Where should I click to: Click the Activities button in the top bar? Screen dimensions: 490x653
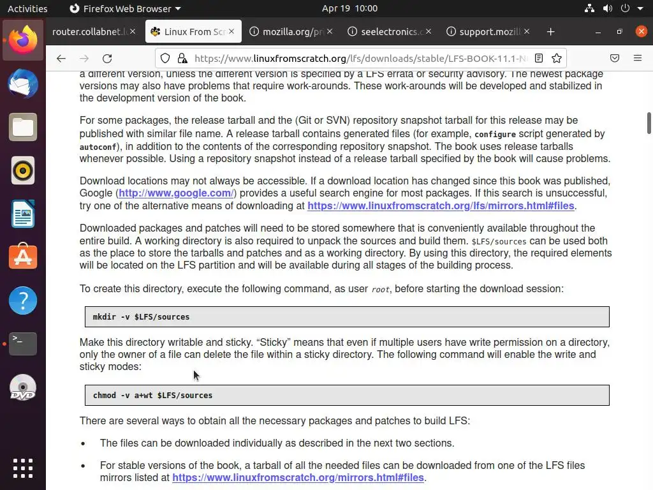(27, 8)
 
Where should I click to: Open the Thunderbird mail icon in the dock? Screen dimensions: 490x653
(23, 84)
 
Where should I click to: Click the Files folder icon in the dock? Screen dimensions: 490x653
(23, 128)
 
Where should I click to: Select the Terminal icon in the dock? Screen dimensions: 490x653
(23, 344)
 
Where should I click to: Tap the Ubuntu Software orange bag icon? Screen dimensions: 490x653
(23, 257)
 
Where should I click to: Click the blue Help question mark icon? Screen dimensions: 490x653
(23, 301)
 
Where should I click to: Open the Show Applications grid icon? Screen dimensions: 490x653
(23, 468)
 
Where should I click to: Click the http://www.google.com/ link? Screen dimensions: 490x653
(176, 193)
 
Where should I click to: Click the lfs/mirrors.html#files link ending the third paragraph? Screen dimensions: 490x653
(441, 206)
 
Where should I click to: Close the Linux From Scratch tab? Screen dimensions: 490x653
(231, 32)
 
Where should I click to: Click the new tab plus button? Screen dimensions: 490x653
(550, 32)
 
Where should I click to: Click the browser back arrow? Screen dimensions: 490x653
(61, 58)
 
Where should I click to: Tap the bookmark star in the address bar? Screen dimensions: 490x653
(557, 58)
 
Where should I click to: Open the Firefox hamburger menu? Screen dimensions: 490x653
(637, 58)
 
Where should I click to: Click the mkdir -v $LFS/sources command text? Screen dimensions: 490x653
(141, 317)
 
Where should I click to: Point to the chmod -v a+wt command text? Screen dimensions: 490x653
(152, 396)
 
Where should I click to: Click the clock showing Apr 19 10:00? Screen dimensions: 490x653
(349, 8)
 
